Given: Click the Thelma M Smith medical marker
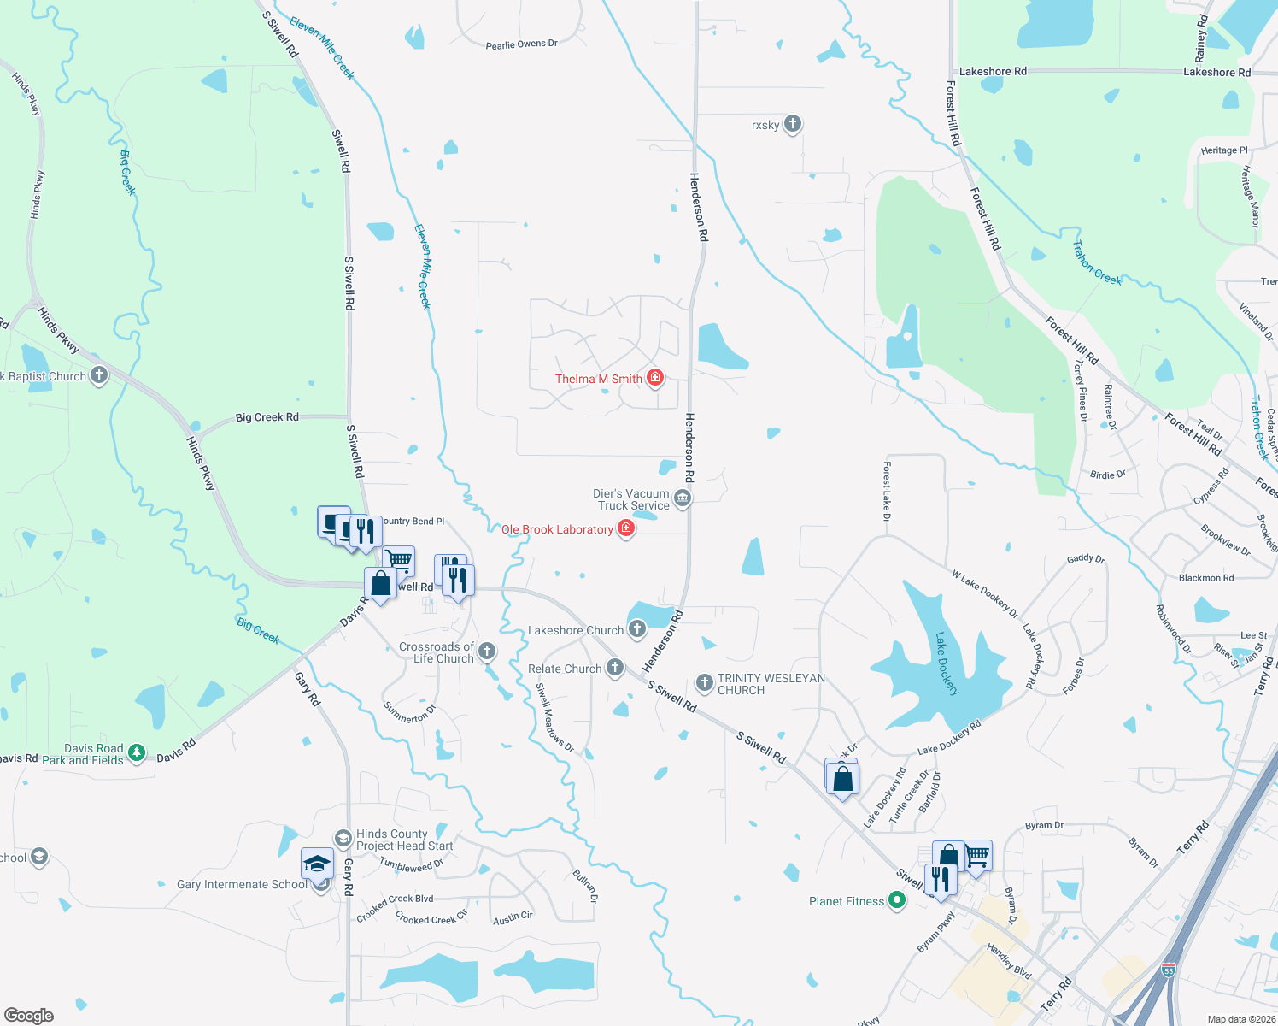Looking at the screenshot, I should click(655, 378).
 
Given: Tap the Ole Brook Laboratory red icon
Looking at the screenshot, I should click(626, 529).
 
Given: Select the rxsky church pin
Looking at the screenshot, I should click(793, 124).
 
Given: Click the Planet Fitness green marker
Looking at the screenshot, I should click(896, 900).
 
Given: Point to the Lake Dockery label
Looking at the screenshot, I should click(947, 663).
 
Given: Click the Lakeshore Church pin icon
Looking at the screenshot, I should click(636, 630).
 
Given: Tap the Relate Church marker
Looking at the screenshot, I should click(615, 668).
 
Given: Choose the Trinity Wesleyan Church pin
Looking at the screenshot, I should click(705, 682).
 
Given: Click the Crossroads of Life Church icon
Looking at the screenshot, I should click(487, 652).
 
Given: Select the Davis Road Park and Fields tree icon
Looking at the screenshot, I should click(137, 752).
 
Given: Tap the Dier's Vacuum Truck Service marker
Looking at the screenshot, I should click(682, 498).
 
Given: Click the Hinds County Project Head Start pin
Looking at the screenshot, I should click(343, 838).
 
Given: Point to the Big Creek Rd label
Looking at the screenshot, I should click(267, 417).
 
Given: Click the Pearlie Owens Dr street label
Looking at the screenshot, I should click(521, 44).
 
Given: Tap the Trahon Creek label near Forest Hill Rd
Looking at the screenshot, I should click(1097, 263).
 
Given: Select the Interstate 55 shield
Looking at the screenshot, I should click(1168, 970).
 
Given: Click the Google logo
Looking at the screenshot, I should click(29, 1015).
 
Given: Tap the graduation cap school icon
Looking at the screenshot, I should click(317, 864).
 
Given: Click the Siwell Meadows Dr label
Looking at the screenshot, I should click(554, 718).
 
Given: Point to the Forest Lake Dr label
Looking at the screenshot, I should click(887, 492).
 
